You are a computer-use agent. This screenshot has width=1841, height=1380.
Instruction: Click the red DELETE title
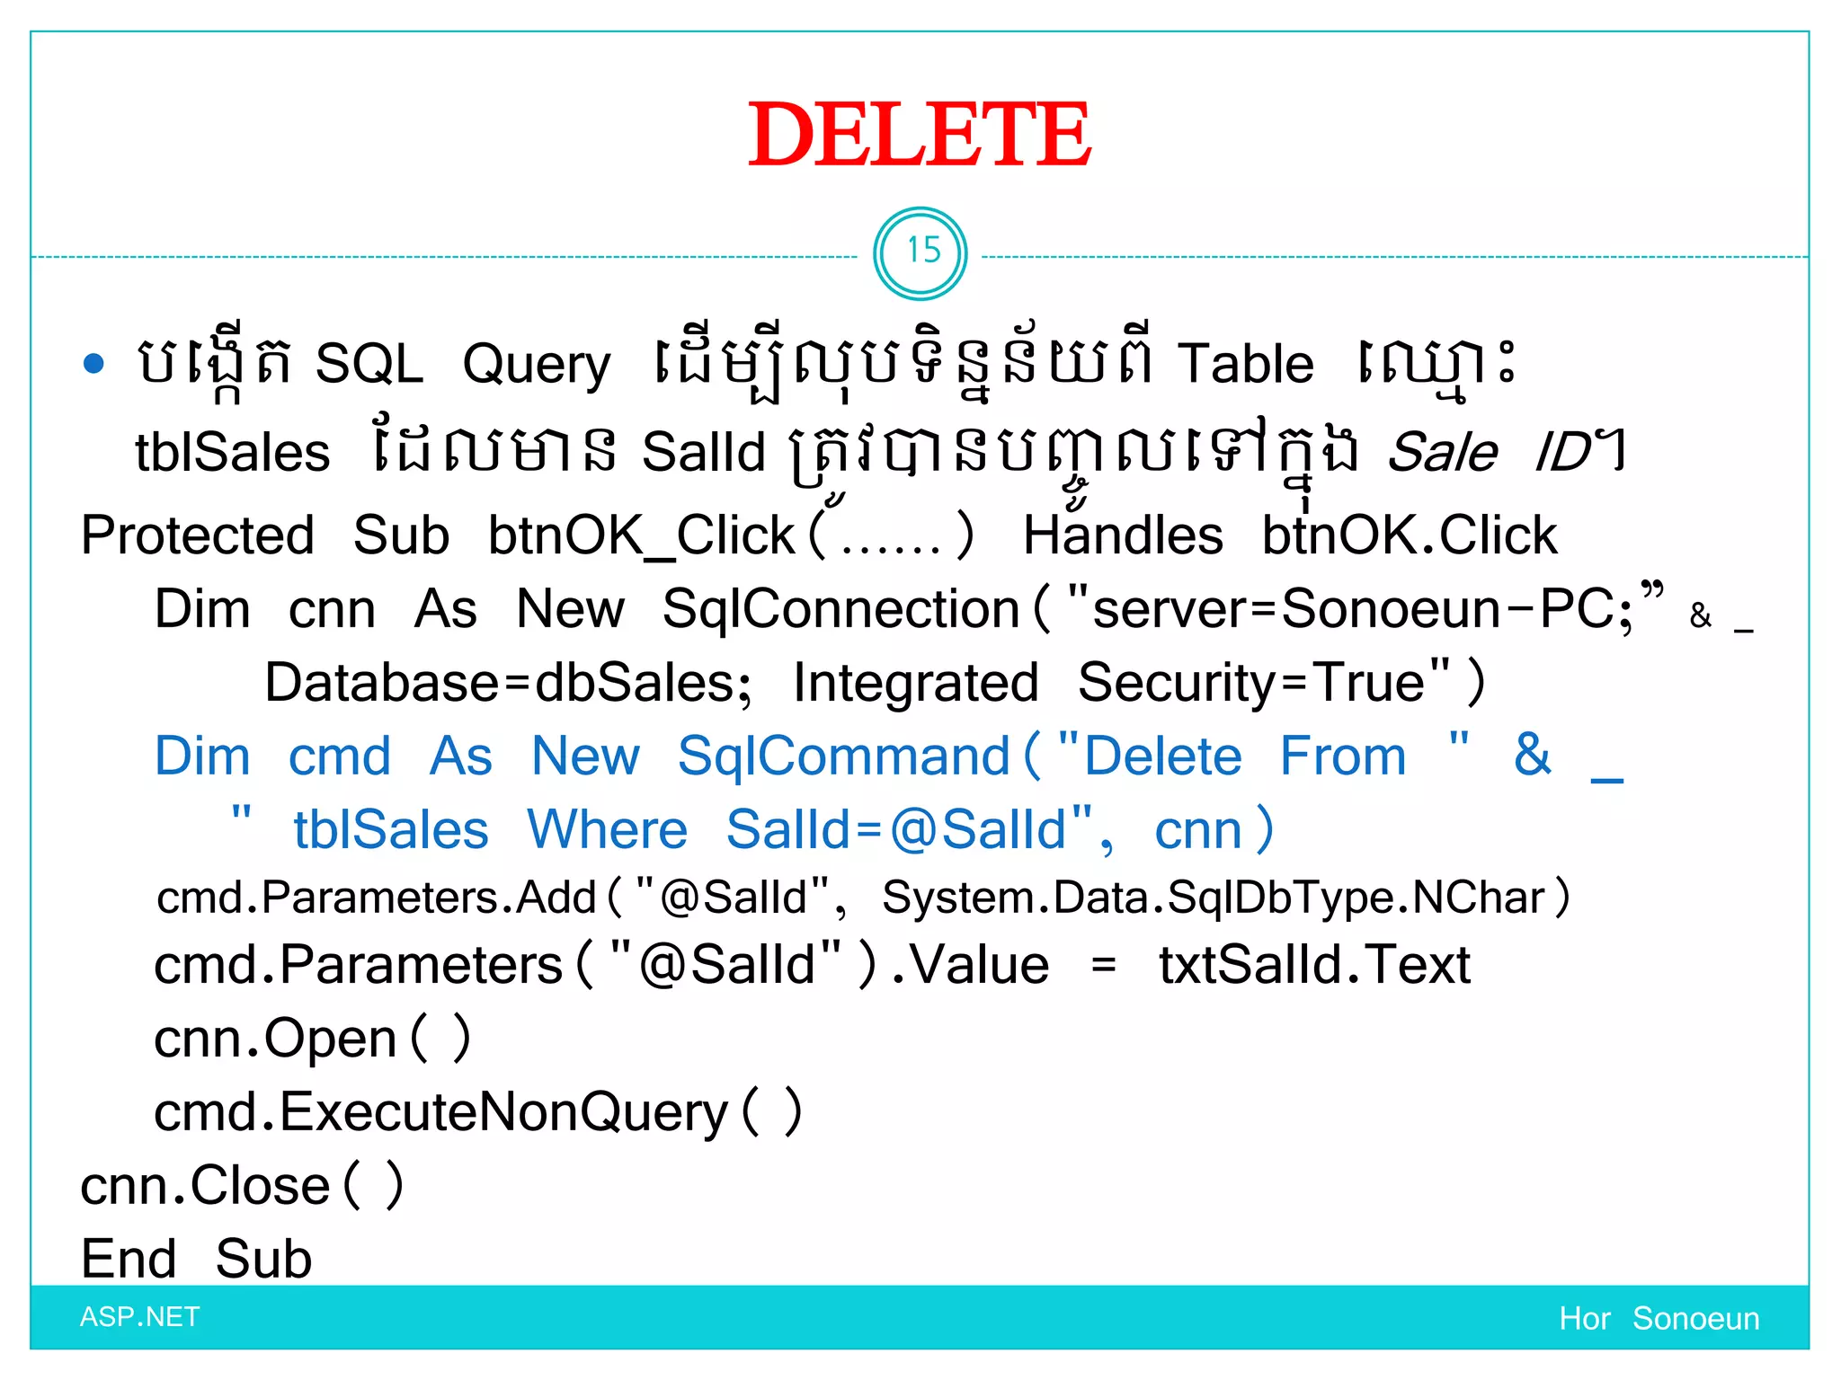tap(920, 135)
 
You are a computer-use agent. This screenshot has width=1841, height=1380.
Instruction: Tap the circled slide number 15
tap(920, 252)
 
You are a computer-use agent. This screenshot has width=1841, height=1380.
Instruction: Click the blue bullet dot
tap(93, 364)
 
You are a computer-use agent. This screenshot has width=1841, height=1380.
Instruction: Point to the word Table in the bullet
tap(1246, 364)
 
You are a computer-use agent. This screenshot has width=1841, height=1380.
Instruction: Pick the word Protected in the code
tap(198, 535)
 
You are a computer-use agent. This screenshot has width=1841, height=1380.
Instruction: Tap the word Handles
tap(1123, 535)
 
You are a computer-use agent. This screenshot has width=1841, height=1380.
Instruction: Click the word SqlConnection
tap(840, 609)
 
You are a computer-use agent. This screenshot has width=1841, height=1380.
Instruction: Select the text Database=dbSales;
tap(508, 683)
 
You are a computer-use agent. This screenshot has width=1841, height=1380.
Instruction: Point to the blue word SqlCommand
tap(844, 756)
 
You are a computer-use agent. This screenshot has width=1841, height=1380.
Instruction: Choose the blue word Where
tap(608, 829)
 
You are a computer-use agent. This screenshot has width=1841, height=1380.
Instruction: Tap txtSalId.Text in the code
tap(1314, 966)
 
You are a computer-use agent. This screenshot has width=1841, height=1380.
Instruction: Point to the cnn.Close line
tap(241, 1186)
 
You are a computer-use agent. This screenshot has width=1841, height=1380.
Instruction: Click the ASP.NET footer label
tap(139, 1317)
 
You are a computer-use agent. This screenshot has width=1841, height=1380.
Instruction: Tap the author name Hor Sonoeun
tap(1659, 1318)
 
